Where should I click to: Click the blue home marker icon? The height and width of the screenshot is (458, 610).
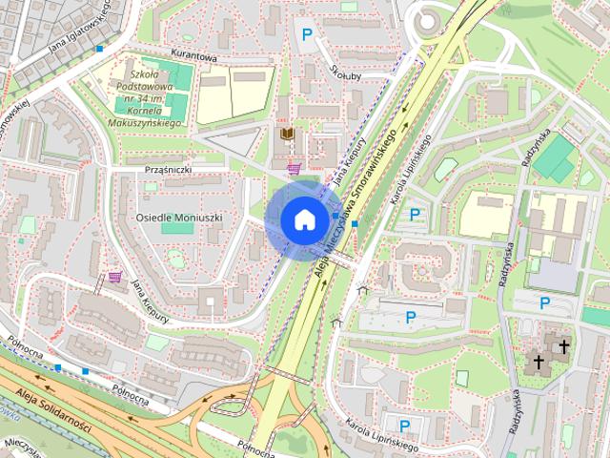point(304,219)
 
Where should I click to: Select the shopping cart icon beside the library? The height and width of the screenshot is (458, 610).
point(295,169)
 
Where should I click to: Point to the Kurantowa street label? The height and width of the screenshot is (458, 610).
point(194,56)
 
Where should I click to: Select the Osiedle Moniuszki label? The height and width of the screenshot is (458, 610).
point(179,218)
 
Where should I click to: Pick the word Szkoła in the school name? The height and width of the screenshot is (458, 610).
point(145,73)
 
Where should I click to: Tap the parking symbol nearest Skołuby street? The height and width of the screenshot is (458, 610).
point(306,35)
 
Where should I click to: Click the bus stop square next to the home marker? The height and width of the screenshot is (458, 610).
point(355,224)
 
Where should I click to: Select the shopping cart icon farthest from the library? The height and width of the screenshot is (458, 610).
point(115,277)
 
